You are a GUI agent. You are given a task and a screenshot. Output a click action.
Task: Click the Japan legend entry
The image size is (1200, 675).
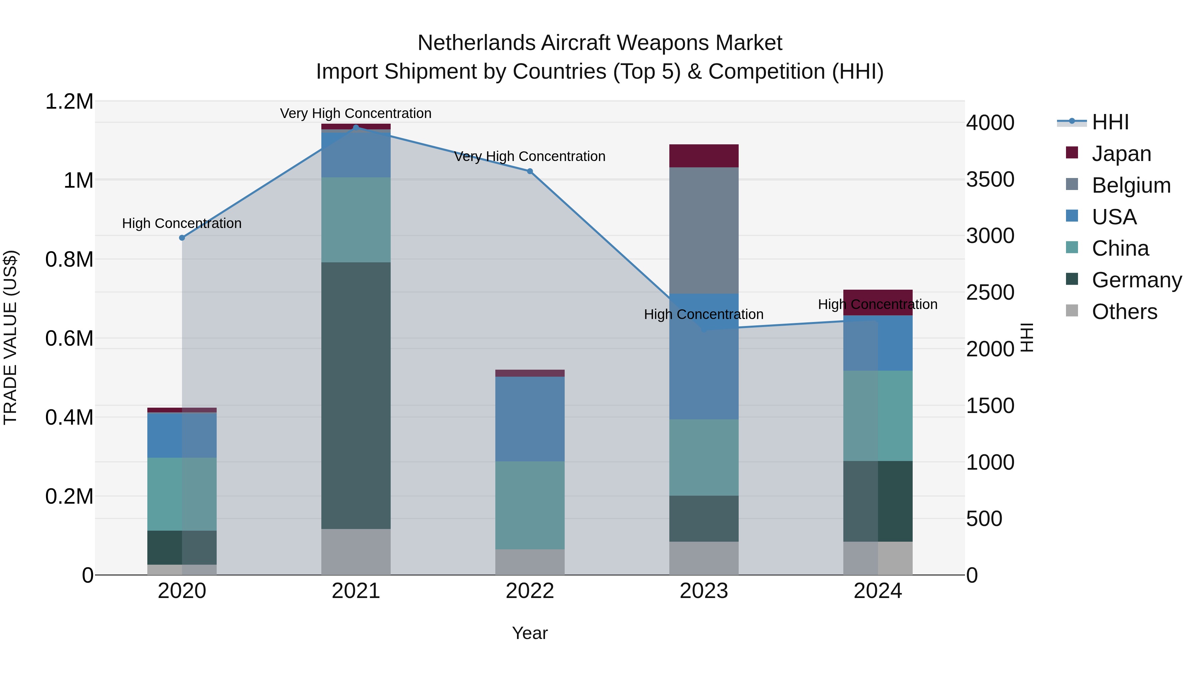pos(1121,154)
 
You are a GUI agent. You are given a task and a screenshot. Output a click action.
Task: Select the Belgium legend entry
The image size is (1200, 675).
pos(1131,185)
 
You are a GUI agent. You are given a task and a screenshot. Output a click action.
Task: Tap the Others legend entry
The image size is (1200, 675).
pos(1124,312)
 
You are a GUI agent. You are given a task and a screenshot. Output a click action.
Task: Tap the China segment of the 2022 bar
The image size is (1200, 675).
pos(530,505)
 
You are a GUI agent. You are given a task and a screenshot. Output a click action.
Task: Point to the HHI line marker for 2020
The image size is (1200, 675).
pos(182,238)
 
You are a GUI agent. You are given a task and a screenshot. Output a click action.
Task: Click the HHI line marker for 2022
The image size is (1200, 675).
pos(530,171)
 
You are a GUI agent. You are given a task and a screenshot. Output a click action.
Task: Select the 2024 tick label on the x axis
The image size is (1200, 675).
pos(878,591)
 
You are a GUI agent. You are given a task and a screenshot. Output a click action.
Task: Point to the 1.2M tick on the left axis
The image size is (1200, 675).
pos(69,102)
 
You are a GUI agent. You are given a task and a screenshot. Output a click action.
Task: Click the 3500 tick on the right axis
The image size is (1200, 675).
pos(990,179)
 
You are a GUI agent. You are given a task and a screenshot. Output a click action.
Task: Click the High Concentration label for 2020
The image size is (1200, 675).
pos(182,223)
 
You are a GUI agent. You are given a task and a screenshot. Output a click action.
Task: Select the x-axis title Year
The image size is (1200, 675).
pos(530,633)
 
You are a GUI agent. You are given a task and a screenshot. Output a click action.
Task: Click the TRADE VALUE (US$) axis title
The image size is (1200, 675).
pos(10,337)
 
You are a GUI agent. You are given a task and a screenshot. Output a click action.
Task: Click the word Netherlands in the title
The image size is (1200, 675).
pos(477,43)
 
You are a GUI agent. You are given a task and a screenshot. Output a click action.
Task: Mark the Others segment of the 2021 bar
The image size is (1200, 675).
pos(356,552)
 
